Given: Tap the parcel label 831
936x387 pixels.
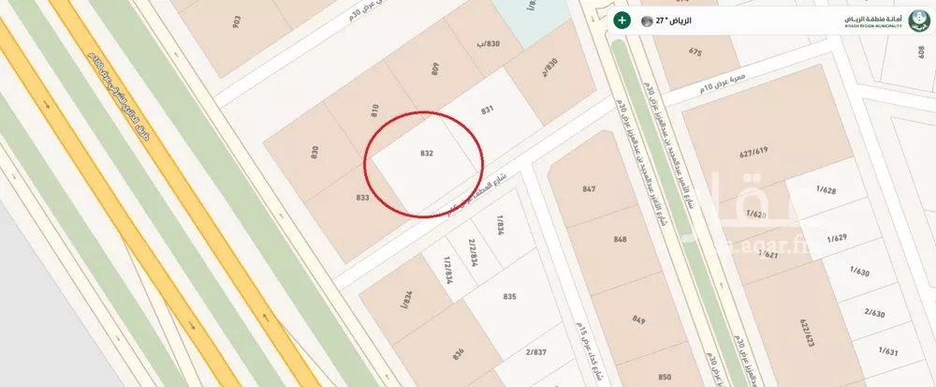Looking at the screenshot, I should [x=487, y=111].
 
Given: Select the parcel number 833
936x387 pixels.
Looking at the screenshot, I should [x=363, y=197].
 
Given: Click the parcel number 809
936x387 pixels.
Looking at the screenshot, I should [x=435, y=67].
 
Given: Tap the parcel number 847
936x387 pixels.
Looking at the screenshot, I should [x=589, y=189].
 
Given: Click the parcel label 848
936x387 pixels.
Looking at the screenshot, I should [x=620, y=239].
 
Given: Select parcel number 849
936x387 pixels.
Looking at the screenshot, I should [x=639, y=319].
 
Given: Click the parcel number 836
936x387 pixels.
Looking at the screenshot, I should [x=458, y=353].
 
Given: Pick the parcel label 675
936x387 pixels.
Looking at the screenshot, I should [x=695, y=52].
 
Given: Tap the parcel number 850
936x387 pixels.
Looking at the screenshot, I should [x=664, y=377].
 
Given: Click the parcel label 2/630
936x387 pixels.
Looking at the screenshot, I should [x=875, y=312].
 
